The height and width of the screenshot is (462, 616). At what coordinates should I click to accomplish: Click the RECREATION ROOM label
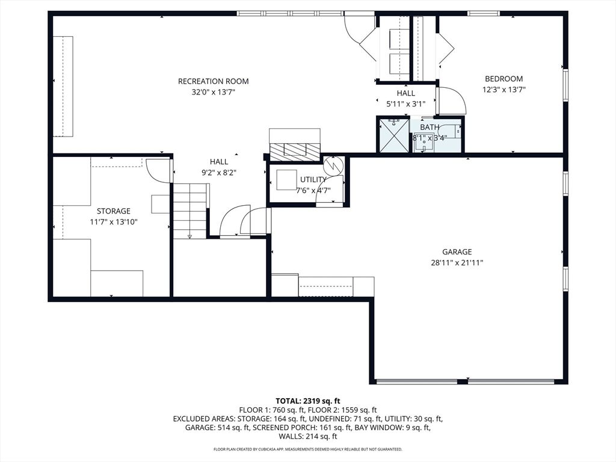click(x=214, y=81)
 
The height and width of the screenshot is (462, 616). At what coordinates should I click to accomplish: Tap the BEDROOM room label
click(x=504, y=79)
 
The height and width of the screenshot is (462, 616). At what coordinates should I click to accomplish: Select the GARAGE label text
click(x=457, y=252)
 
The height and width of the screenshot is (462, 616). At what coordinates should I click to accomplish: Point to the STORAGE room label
click(x=114, y=211)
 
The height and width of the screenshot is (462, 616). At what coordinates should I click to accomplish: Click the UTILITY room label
click(x=313, y=179)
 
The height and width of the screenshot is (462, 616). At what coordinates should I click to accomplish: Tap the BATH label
click(x=430, y=128)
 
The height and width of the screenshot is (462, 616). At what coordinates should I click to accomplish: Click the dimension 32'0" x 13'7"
click(x=214, y=92)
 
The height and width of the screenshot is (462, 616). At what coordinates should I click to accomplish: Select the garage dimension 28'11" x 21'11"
click(x=457, y=263)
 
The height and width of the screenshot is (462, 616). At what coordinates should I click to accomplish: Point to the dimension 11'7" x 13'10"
click(x=114, y=222)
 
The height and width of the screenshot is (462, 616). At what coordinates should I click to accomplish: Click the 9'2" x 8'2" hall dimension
click(x=219, y=173)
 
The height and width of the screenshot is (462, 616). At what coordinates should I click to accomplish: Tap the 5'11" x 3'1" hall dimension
click(x=406, y=104)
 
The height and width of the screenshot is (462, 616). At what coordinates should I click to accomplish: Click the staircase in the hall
click(x=191, y=211)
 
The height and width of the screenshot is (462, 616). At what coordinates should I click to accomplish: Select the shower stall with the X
click(x=393, y=135)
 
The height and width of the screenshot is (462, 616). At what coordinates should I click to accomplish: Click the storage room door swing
click(x=159, y=170)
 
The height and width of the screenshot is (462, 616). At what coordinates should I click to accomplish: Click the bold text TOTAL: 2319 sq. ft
click(x=307, y=401)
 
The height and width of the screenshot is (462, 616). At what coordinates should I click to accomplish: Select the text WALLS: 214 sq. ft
click(x=308, y=437)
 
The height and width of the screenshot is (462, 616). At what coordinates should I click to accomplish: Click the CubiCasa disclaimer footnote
click(x=307, y=449)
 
